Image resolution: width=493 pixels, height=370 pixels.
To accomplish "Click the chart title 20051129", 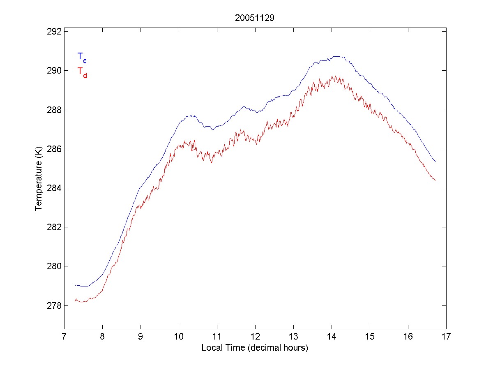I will (x=254, y=18).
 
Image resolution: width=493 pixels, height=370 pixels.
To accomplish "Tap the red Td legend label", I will (x=82, y=72).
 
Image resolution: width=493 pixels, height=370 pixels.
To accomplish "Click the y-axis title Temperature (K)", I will (x=39, y=180).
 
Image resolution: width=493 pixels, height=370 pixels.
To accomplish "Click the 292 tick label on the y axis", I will (x=55, y=32).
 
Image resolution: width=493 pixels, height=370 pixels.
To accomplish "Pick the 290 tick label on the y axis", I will (x=55, y=71).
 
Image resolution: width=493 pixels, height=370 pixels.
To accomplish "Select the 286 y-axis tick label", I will (x=55, y=149).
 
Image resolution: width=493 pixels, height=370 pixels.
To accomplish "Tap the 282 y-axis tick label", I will (x=55, y=227).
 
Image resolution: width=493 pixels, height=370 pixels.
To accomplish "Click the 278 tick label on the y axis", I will (x=55, y=305).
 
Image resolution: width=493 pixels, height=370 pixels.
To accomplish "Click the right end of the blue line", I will (x=435, y=162).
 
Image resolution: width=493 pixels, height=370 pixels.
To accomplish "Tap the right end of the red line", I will (x=435, y=180).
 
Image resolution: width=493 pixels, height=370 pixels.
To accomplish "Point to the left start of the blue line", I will (x=75, y=285).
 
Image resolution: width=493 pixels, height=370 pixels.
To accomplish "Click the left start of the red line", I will (x=75, y=301).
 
